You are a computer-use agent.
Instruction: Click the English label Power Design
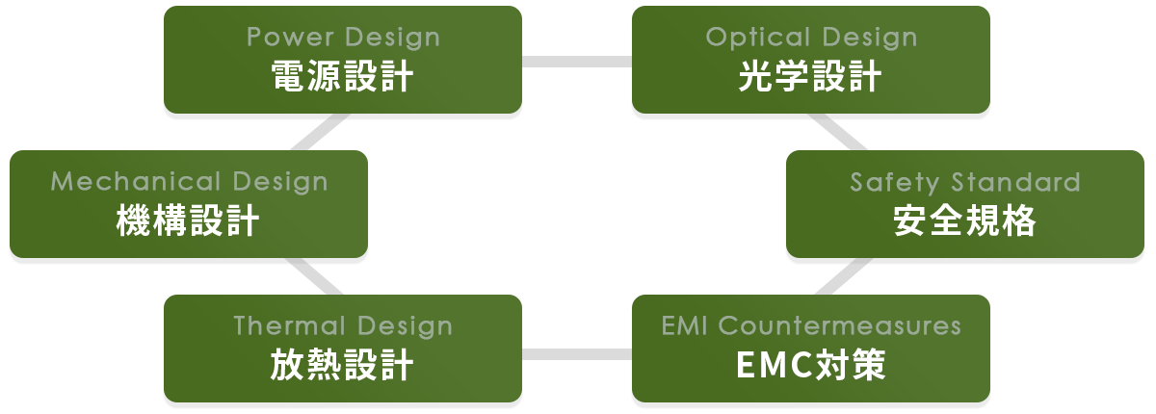pos(343,38)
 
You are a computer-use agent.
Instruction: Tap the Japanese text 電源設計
pos(343,77)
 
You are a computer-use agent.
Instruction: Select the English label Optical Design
pos(811,38)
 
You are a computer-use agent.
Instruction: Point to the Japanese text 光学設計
pos(811,77)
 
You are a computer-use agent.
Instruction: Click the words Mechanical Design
pos(189,182)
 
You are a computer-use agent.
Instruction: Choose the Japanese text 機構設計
pos(189,221)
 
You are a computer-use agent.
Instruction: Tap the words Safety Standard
pos(965,182)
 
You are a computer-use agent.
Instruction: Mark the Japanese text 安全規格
pos(965,221)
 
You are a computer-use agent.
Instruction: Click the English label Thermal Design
pos(343,326)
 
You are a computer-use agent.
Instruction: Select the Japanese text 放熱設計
pos(343,366)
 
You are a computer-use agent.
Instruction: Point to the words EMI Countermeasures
pos(811,326)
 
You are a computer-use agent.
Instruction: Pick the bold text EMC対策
pos(811,366)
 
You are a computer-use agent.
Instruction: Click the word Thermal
pos(287,326)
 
